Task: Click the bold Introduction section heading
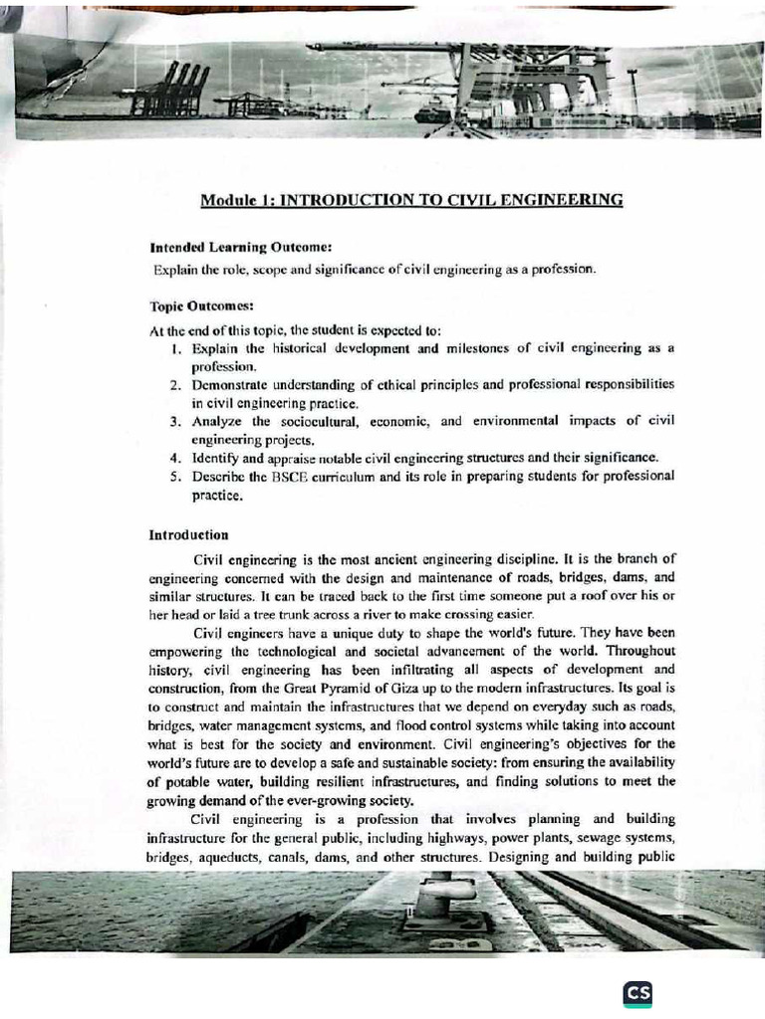tap(188, 534)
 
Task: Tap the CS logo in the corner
tap(637, 994)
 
